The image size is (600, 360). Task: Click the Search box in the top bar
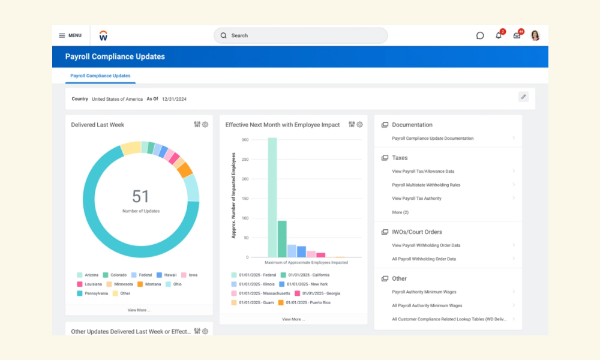[x=301, y=35]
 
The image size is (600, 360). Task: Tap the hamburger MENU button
[x=70, y=35]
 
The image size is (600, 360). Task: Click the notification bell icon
[x=498, y=35]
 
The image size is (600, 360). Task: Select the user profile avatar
[x=535, y=35]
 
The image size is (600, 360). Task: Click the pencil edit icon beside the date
[x=523, y=97]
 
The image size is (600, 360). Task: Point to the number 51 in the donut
[x=140, y=196]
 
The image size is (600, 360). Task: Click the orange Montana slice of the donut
[x=185, y=170]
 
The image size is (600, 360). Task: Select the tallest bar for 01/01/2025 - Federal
[x=272, y=197]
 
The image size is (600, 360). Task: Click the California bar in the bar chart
[x=282, y=239]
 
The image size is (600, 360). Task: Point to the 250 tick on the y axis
[x=245, y=159]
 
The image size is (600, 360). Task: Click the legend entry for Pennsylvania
[x=92, y=293]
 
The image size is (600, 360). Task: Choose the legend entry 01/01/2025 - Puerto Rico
[x=304, y=302]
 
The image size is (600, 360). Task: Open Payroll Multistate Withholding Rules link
[x=426, y=185]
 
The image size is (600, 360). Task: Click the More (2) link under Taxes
[x=400, y=212]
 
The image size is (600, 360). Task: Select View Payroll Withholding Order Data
[x=426, y=245]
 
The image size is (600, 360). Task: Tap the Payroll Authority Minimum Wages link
[x=424, y=292]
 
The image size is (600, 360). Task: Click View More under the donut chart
[x=139, y=310]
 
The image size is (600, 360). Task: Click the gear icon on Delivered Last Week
[x=205, y=124]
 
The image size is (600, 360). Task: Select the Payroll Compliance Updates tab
[x=100, y=76]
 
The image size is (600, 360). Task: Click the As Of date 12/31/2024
[x=174, y=99]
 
